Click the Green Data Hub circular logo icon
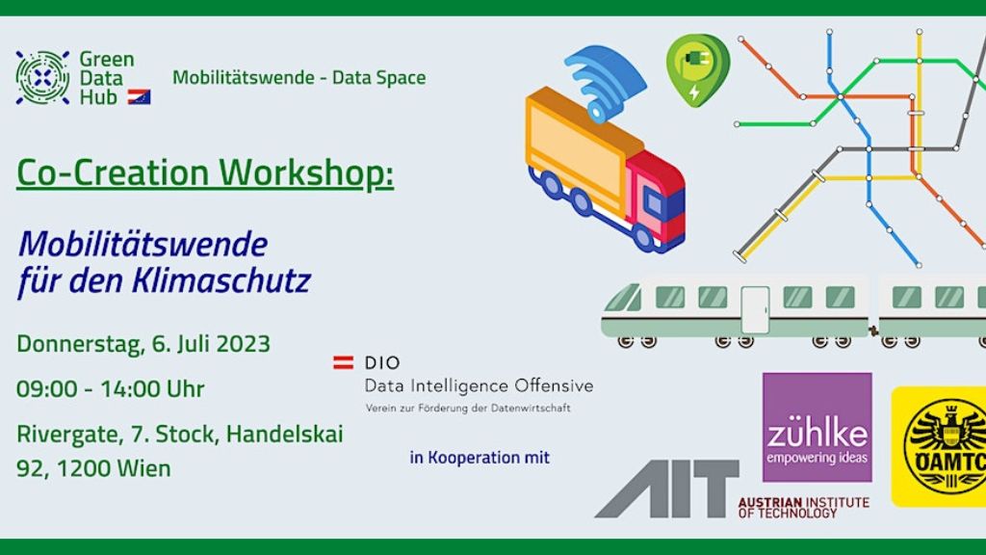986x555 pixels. click(42, 77)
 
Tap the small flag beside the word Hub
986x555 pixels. click(139, 96)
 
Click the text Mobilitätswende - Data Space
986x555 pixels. click(299, 77)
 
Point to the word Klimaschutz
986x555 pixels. click(221, 280)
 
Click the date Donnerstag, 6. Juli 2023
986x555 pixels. click(143, 344)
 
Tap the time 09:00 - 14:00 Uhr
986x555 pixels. click(111, 389)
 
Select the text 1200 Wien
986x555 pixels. click(114, 468)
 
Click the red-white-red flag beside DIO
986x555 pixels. click(344, 362)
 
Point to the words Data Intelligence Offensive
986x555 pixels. click(480, 385)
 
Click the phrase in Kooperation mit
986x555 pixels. click(480, 458)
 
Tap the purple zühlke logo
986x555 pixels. click(817, 427)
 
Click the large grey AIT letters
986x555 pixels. click(667, 489)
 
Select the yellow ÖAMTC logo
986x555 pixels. click(939, 446)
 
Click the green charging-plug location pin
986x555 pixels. click(697, 69)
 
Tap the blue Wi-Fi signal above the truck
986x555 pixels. click(605, 82)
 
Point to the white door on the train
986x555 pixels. click(755, 309)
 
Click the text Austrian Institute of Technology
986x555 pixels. click(804, 507)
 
